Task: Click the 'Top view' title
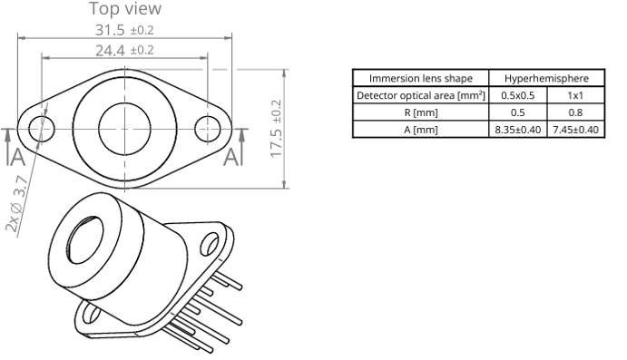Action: point(125,9)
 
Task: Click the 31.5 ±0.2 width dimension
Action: point(124,30)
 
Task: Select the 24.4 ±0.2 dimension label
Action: point(124,51)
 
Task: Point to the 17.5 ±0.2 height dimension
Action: point(276,129)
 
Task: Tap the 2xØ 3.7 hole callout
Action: point(17,204)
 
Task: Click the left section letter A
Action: point(18,157)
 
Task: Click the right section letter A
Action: point(230,157)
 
